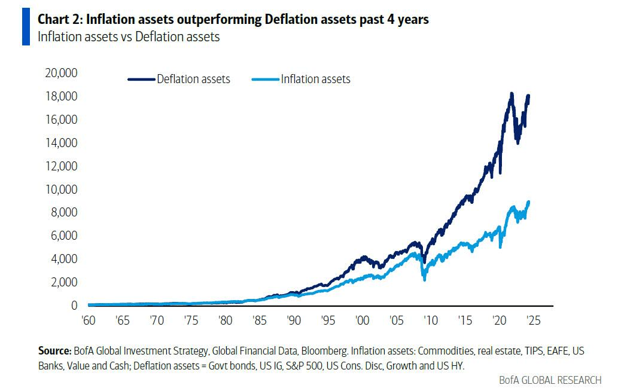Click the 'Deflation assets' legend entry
(x=193, y=79)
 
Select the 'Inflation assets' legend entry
(x=315, y=79)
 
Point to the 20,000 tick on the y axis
(x=61, y=73)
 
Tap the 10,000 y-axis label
(x=61, y=190)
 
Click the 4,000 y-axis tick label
(x=63, y=259)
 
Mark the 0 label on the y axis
(x=74, y=306)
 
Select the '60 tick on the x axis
(x=89, y=320)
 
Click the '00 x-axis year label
(x=361, y=320)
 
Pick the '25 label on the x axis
(x=532, y=320)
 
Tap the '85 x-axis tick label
(x=259, y=320)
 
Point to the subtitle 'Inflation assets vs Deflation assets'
(x=128, y=36)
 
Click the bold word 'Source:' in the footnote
(x=55, y=350)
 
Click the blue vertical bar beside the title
(x=26, y=27)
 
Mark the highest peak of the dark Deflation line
(x=511, y=94)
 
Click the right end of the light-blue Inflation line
(x=528, y=202)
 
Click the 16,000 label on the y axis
(x=61, y=120)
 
